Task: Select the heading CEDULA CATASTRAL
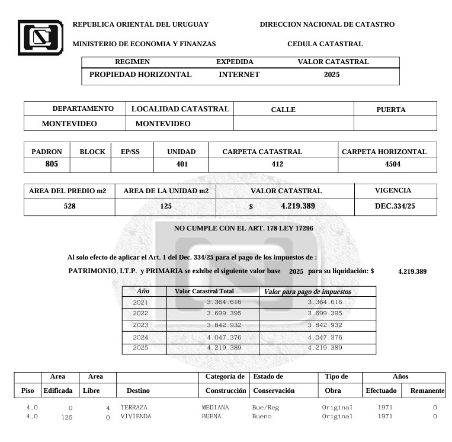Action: [x=325, y=44]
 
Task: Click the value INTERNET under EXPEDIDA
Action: [x=239, y=75]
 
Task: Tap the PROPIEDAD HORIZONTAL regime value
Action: [x=140, y=75]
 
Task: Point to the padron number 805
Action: [x=52, y=164]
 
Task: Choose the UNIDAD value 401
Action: [x=182, y=164]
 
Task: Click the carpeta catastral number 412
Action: [x=277, y=164]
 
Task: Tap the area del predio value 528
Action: [x=70, y=206]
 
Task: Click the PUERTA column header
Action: [x=391, y=110]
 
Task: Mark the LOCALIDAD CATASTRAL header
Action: [x=180, y=109]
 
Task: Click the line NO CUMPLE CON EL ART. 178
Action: [x=243, y=228]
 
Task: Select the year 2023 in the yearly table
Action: [x=140, y=325]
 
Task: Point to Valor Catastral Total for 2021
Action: [x=224, y=303]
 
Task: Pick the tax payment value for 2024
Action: [x=325, y=337]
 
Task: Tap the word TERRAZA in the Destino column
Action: [x=134, y=408]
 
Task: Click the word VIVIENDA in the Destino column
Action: [x=136, y=417]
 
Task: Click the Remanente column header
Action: [x=427, y=391]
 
